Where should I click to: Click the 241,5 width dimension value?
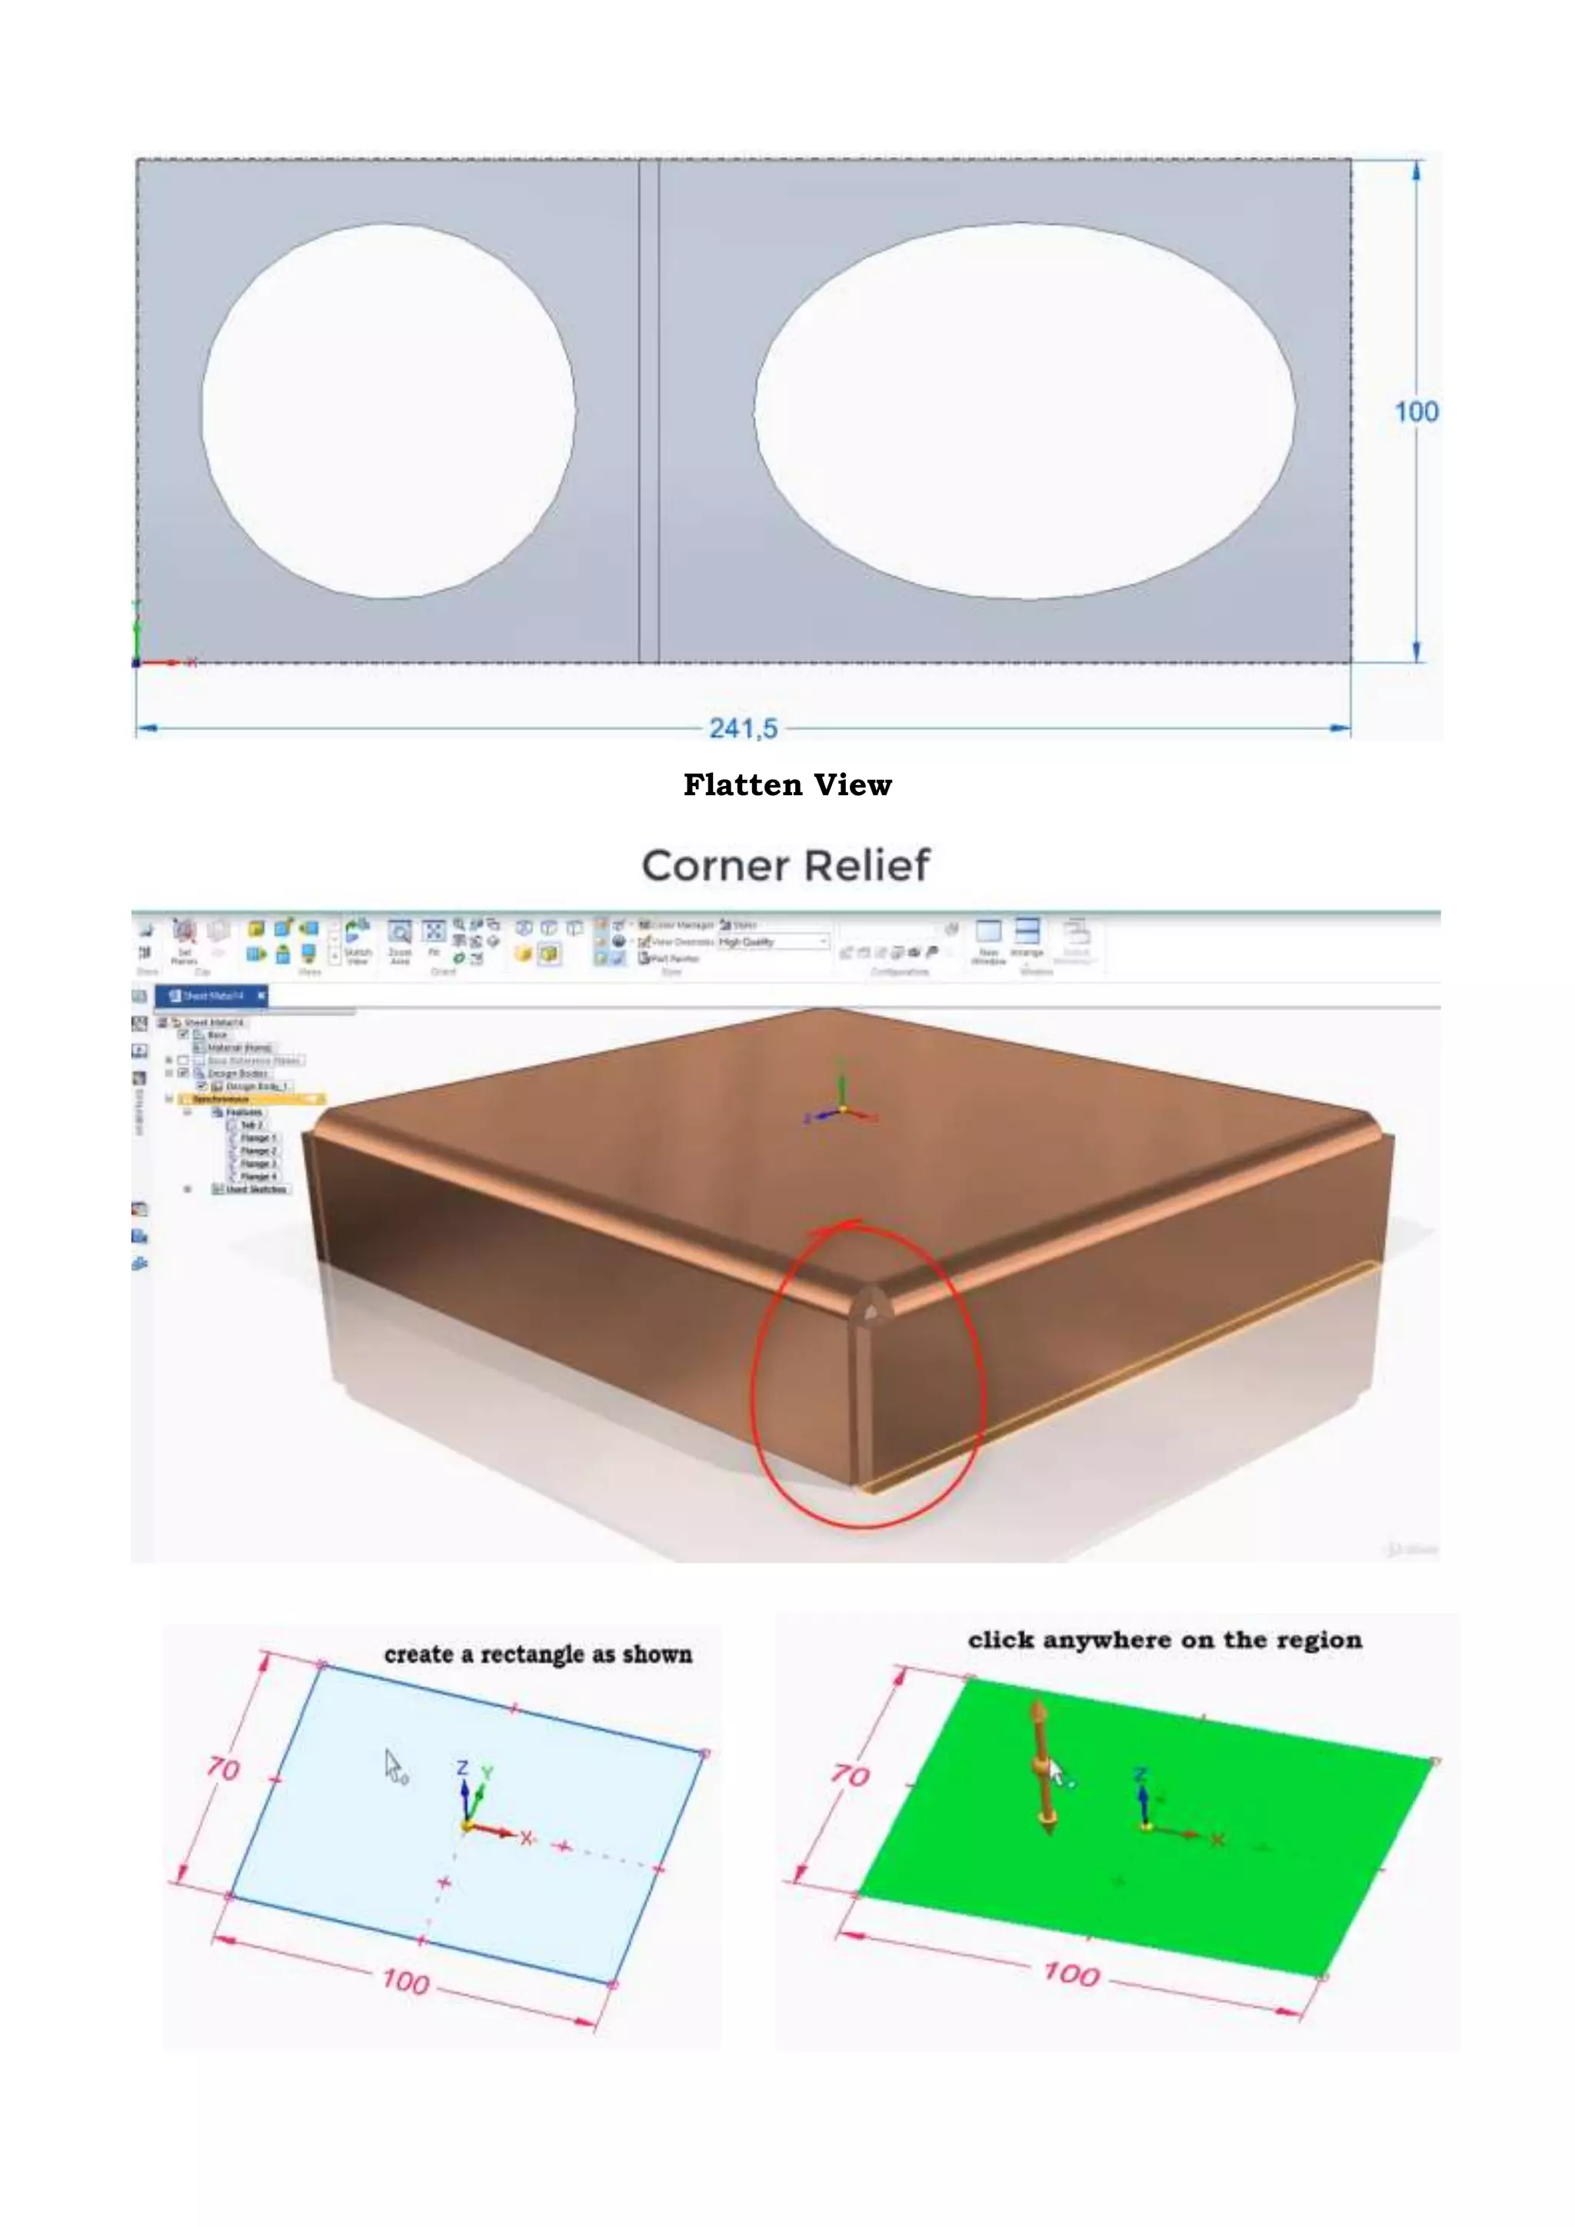[743, 727]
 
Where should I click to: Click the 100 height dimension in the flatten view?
[1416, 411]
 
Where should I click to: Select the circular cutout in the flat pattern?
[388, 411]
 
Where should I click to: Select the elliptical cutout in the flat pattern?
[1024, 411]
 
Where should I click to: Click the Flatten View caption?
[787, 784]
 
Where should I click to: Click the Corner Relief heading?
[785, 865]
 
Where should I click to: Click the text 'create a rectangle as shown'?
[538, 1655]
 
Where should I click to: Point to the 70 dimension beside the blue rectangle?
[223, 1769]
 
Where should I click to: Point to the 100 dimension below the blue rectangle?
[405, 1981]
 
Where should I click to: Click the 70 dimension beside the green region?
[850, 1775]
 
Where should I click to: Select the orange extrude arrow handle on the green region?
[1041, 1768]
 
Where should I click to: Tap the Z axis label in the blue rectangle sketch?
[463, 1767]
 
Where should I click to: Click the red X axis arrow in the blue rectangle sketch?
[499, 1831]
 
